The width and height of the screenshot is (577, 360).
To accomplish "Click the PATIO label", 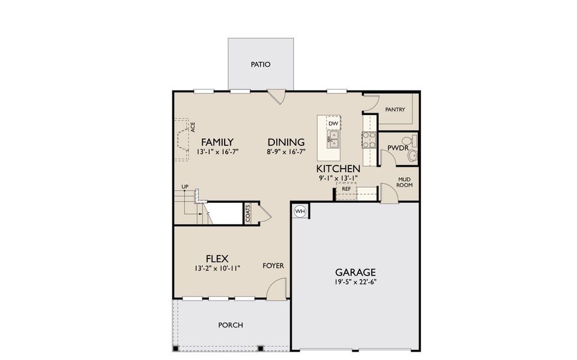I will [261, 64].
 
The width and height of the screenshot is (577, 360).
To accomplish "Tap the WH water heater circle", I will [300, 211].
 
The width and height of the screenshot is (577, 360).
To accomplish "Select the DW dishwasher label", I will [334, 124].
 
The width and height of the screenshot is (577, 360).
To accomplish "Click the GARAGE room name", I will [355, 272].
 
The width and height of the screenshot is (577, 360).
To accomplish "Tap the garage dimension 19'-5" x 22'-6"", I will [355, 282].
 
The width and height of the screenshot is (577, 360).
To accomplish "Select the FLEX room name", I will [216, 259].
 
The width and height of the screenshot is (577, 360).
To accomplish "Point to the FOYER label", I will [273, 266].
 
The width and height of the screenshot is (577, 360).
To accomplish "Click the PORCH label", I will [231, 325].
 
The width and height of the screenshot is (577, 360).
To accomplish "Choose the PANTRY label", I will [395, 110].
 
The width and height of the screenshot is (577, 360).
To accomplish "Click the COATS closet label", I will [247, 214].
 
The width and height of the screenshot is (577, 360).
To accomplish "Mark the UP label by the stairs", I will [185, 187].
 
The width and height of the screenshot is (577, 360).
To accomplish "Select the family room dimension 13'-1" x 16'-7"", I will [217, 152].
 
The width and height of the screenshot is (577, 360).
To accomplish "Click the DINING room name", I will [286, 142].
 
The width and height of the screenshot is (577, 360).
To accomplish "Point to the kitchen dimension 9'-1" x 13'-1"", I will [338, 178].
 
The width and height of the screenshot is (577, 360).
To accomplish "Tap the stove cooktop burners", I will [368, 140].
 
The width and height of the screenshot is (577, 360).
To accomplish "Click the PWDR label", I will [397, 148].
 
